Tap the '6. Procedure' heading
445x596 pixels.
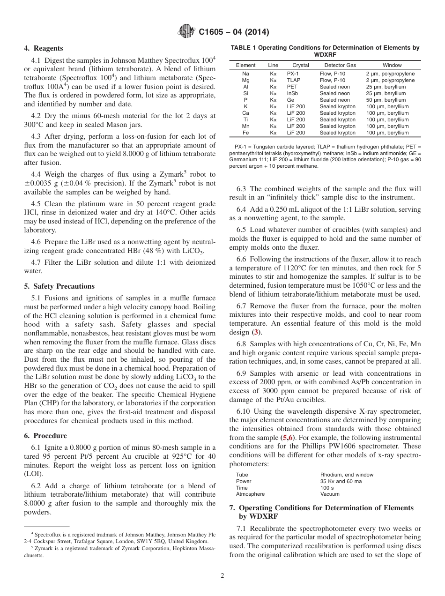tap(45, 436)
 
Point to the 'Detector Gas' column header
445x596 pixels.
tap(340, 65)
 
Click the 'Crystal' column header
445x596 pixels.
tap(300, 65)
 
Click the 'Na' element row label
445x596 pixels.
tap(245, 74)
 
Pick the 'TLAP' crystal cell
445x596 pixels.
tap(294, 81)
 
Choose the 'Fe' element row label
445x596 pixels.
tap(245, 133)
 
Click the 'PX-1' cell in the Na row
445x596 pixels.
tap(293, 74)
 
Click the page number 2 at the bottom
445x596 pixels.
tap(222, 575)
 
